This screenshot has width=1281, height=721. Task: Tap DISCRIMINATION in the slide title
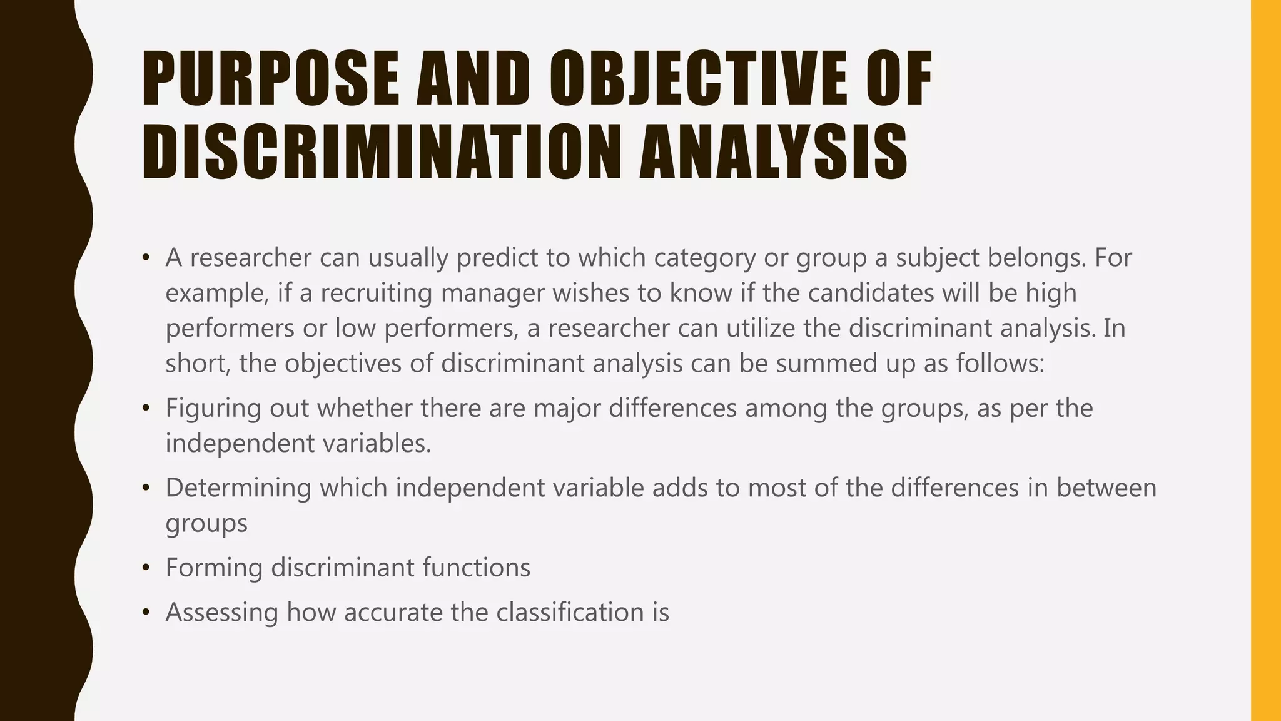(x=382, y=152)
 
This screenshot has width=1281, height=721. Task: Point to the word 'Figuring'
(x=213, y=409)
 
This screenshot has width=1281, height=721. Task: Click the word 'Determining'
(x=238, y=488)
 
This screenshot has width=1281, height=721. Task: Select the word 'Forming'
(x=214, y=568)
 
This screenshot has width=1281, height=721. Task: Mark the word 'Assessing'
(x=221, y=613)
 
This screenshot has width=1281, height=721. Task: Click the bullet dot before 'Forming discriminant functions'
(x=146, y=568)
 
